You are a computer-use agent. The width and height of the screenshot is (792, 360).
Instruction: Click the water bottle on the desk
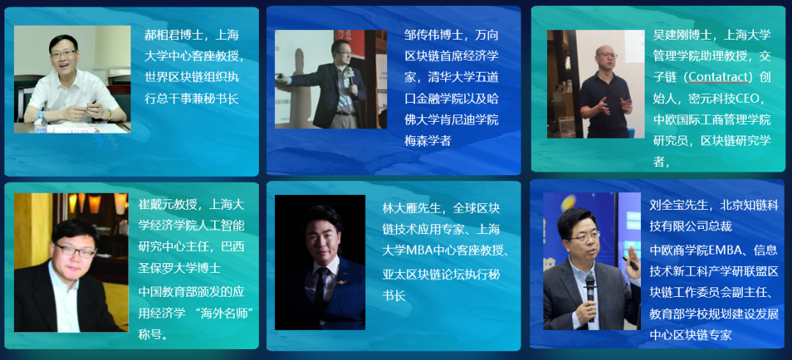point(40,122)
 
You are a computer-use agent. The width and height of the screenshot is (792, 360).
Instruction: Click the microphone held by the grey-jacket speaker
point(590,293)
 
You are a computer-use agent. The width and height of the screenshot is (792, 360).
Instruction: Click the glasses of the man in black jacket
point(75,251)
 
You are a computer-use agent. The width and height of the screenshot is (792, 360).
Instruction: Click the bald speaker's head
point(606,56)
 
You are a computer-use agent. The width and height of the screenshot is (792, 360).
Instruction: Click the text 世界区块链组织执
point(192,78)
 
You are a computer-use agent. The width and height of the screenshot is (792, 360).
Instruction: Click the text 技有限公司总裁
point(691,226)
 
